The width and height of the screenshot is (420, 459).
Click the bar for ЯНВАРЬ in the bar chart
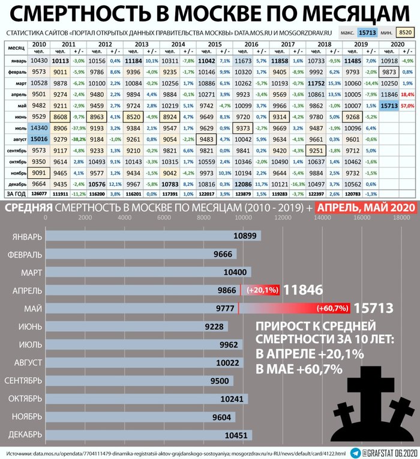coord(150,236)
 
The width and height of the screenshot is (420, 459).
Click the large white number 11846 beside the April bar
coord(303,290)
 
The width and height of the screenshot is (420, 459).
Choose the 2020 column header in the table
coord(397,44)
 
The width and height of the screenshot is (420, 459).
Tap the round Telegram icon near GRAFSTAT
coord(355,452)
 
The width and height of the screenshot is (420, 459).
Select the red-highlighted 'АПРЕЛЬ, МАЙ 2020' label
coord(367,208)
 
